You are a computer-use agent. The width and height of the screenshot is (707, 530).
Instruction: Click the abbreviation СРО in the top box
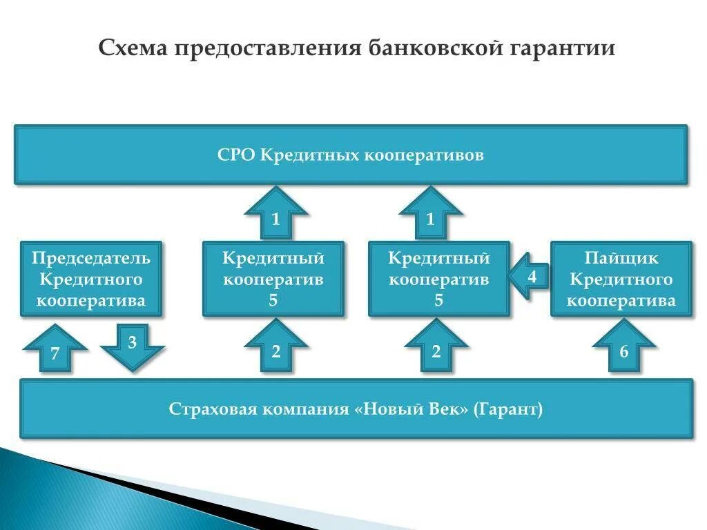click(x=236, y=155)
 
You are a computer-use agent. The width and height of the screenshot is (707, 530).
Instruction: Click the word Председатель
click(x=91, y=259)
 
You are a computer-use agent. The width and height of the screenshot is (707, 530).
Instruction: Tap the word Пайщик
click(x=621, y=259)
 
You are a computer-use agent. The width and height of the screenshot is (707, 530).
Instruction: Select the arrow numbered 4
click(x=529, y=277)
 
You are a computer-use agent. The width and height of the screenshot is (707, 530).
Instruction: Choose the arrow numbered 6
click(x=623, y=348)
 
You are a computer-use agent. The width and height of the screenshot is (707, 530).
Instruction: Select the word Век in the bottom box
click(x=446, y=409)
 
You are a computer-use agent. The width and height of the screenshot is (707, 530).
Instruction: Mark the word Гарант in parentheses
click(x=508, y=409)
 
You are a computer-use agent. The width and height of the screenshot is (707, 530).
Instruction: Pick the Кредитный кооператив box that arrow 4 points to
click(x=439, y=279)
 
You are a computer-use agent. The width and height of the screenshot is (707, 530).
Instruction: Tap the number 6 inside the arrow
click(x=623, y=353)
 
